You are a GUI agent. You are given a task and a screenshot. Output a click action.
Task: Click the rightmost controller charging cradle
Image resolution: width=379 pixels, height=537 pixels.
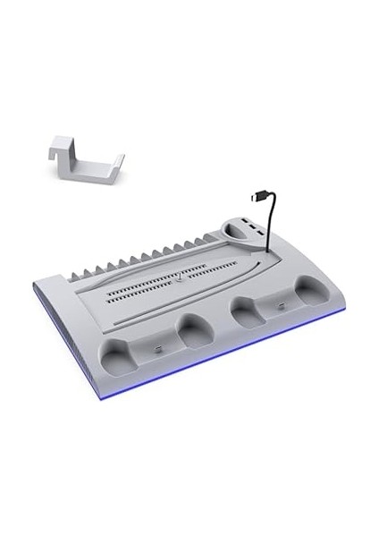point(310,292)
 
